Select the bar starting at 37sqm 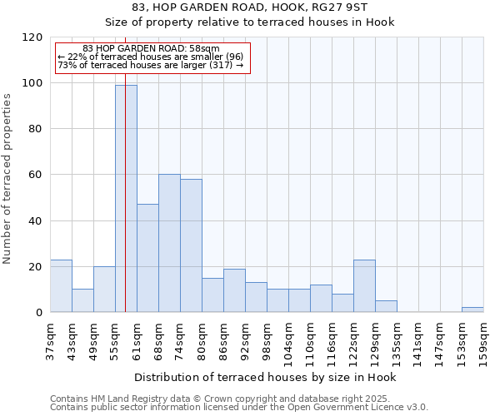tap(61, 286)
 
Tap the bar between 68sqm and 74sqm tap(169, 243)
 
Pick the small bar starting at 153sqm tap(472, 310)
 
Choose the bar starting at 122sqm tap(364, 286)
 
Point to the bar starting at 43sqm tap(82, 300)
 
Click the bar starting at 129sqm tap(386, 306)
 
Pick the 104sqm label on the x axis tap(289, 341)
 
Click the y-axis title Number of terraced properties tap(8, 179)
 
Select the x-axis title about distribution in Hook tap(265, 377)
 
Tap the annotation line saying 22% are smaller tap(151, 57)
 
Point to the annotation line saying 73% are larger tap(151, 65)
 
